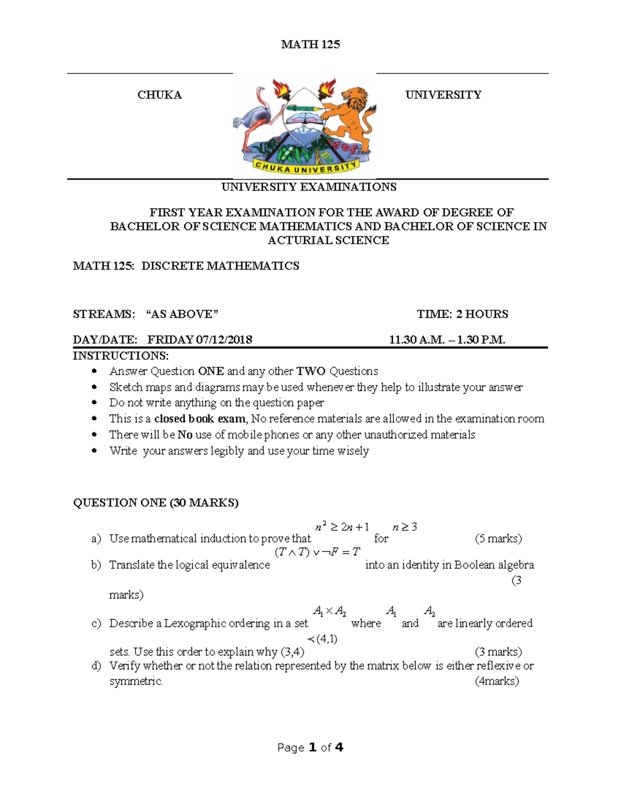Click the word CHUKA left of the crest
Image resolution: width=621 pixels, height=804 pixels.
tap(159, 95)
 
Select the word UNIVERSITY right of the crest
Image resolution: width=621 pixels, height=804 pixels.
tap(443, 95)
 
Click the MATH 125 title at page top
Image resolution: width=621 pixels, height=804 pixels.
tap(310, 45)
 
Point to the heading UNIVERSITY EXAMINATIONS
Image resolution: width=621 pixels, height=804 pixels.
tap(309, 187)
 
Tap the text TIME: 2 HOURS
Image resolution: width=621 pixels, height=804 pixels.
tap(462, 314)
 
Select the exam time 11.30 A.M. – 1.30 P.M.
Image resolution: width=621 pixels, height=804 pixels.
tap(447, 340)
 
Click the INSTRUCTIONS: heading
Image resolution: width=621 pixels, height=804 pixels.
tap(121, 356)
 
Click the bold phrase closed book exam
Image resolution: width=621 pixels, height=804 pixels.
tap(200, 419)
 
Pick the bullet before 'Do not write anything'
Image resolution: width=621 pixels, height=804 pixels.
tap(94, 403)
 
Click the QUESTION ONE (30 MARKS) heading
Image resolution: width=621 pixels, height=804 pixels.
tap(156, 503)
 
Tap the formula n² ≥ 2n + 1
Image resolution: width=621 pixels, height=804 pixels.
tap(342, 527)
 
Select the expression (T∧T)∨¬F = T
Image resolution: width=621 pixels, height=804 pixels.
tap(317, 552)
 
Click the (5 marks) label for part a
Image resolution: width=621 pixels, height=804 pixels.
tap(498, 538)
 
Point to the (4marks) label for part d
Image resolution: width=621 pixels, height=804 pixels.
tap(496, 681)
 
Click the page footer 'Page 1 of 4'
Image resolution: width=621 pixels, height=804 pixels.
tap(310, 747)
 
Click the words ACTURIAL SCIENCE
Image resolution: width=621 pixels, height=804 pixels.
tap(328, 240)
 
